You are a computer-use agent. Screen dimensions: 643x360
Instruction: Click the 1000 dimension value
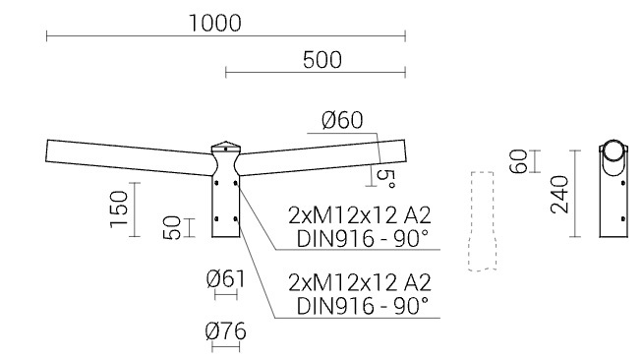tap(215, 23)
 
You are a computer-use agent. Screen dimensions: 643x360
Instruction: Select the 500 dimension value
tap(322, 60)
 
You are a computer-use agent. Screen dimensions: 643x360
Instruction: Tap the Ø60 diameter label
tap(342, 120)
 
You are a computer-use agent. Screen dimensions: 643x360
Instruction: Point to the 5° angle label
tap(385, 179)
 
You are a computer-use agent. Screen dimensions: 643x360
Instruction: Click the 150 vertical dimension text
tap(119, 210)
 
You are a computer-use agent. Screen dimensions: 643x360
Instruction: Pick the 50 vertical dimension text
tap(172, 227)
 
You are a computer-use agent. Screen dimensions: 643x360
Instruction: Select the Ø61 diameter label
tap(225, 279)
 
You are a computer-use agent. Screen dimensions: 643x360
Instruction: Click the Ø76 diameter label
tap(225, 331)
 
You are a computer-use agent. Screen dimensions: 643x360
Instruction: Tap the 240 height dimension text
tap(559, 195)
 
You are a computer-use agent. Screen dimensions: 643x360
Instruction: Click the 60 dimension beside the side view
tap(518, 161)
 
